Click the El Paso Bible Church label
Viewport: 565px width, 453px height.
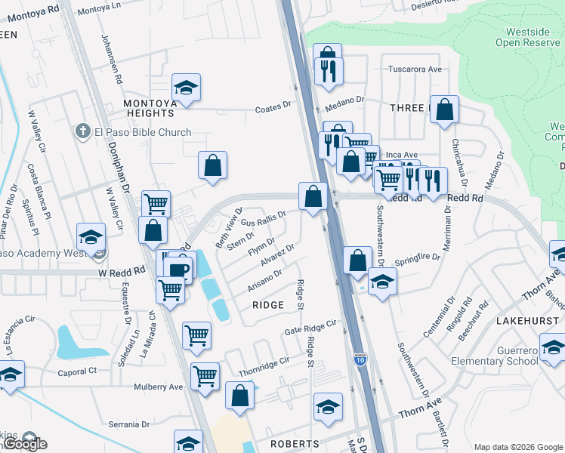[x=143, y=133]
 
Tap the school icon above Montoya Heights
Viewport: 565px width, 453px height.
[x=186, y=88]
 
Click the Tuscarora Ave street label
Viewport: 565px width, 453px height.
[x=415, y=69]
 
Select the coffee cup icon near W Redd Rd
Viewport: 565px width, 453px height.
[x=180, y=270]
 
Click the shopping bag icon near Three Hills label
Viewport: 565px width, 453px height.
[x=445, y=109]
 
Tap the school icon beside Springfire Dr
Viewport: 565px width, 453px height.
[x=383, y=282]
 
